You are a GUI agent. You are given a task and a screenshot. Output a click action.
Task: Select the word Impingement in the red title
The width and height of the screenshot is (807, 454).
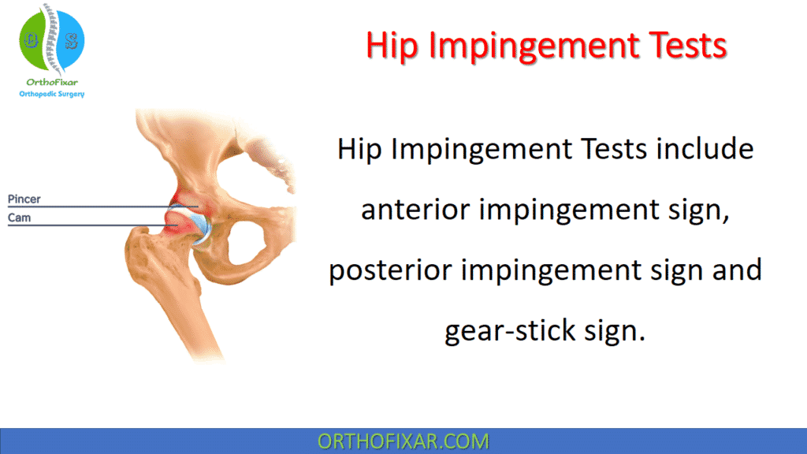click(523, 47)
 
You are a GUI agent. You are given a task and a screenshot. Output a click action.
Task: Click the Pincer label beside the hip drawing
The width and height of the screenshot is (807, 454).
click(24, 199)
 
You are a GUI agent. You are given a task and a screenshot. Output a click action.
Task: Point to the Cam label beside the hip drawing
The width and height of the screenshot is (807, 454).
click(20, 217)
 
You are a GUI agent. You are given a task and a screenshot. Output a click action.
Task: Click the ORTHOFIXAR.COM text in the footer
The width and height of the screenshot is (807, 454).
click(403, 441)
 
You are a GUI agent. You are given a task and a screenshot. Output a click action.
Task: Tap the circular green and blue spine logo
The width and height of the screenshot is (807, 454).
click(51, 39)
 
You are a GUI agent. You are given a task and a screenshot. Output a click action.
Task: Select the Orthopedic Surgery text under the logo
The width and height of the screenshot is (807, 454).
click(51, 94)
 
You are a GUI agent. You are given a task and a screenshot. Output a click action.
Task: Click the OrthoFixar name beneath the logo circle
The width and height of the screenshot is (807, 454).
click(51, 81)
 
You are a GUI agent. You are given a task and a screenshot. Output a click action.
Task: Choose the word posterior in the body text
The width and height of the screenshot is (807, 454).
click(385, 270)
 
